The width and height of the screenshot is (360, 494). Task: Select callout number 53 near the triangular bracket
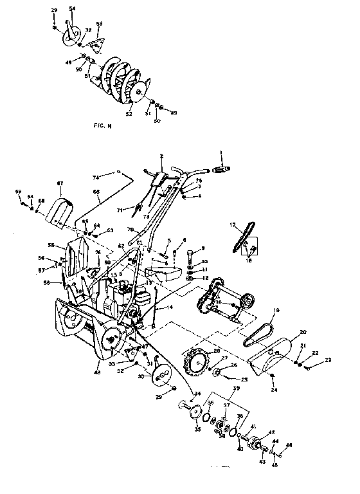(98, 23)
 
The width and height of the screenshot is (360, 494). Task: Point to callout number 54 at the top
(71, 7)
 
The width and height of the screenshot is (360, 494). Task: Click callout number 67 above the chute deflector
(60, 183)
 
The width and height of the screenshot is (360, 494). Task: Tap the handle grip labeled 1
(221, 168)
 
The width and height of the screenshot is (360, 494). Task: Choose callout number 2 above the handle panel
(162, 156)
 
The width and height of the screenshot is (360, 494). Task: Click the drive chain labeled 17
(242, 237)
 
